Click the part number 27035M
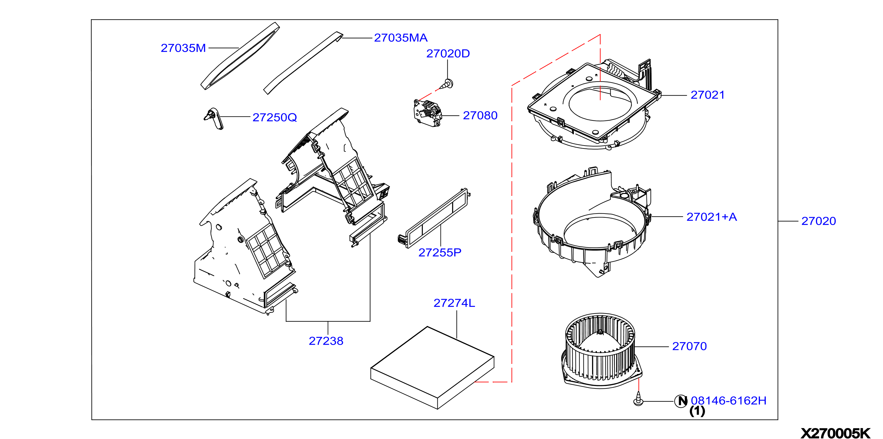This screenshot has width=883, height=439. pyautogui.click(x=183, y=48)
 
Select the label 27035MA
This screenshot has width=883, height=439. pyautogui.click(x=400, y=38)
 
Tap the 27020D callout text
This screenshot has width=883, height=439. pyautogui.click(x=448, y=54)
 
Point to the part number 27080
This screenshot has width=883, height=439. pyautogui.click(x=480, y=116)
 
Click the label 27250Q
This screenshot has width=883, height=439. pyautogui.click(x=274, y=118)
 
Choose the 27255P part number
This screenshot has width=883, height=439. pyautogui.click(x=440, y=253)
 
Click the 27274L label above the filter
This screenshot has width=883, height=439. pyautogui.click(x=454, y=303)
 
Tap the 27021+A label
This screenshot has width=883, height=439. pyautogui.click(x=711, y=217)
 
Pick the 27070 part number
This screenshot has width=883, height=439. pyautogui.click(x=689, y=346)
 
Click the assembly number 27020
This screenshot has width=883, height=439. pyautogui.click(x=819, y=221)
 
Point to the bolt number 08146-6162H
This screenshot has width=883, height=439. pyautogui.click(x=728, y=401)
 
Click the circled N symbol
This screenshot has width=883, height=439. pyautogui.click(x=681, y=401)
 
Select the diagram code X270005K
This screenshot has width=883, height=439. pyautogui.click(x=835, y=433)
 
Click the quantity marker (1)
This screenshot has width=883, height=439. pyautogui.click(x=697, y=411)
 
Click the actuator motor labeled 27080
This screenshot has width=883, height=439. pyautogui.click(x=427, y=113)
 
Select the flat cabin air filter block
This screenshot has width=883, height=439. pyautogui.click(x=432, y=368)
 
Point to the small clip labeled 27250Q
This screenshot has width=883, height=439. pyautogui.click(x=214, y=119)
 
